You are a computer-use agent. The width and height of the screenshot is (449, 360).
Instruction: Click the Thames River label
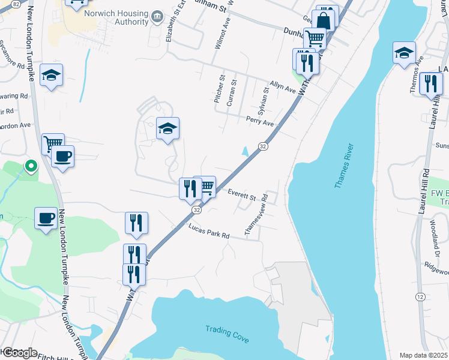tap(345, 167)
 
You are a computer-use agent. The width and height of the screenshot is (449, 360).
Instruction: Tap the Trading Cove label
tap(227, 334)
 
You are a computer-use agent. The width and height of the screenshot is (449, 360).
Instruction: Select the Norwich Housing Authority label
tap(116, 17)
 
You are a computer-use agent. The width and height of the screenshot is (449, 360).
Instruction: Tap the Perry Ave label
tap(259, 122)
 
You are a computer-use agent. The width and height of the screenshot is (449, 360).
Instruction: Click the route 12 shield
tap(420, 297)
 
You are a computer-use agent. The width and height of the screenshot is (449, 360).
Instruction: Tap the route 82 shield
tap(16, 4)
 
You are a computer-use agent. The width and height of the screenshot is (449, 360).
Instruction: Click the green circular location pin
tap(29, 166)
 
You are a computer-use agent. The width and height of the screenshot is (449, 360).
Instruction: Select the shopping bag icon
tap(324, 19)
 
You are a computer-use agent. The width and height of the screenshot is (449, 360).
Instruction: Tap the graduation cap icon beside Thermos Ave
tap(404, 53)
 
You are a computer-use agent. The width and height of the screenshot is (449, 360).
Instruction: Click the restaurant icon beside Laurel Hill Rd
tap(431, 84)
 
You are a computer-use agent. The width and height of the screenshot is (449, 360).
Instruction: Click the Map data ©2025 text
tap(423, 355)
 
